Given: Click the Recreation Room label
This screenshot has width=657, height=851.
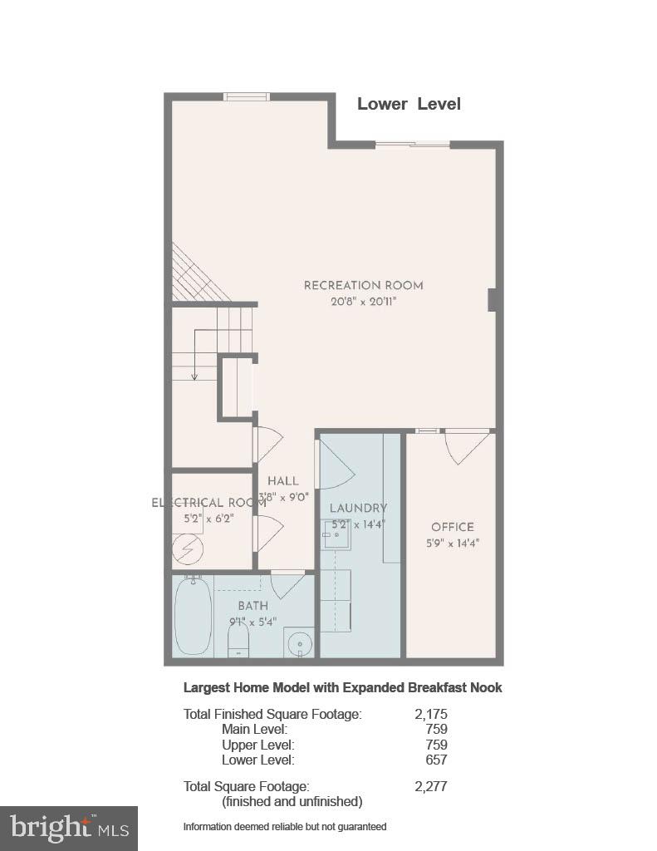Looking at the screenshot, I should tap(363, 286).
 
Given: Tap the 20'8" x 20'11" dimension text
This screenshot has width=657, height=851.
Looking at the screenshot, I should tap(363, 303).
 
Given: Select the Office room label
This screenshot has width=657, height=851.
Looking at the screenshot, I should tap(452, 527).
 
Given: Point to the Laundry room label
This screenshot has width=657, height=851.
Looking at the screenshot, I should tap(358, 509).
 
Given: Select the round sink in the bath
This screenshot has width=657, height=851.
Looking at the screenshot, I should tap(299, 642).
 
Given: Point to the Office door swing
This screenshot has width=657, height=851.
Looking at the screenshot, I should tap(464, 447).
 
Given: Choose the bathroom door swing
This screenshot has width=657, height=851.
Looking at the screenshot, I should tap(287, 583).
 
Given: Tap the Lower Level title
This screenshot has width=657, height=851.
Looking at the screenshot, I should tap(409, 104).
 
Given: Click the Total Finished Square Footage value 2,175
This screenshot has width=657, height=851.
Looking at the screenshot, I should tap(430, 714).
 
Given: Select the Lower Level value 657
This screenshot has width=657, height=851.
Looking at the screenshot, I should tap(435, 760).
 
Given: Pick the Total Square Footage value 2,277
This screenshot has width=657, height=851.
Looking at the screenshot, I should tap(430, 786).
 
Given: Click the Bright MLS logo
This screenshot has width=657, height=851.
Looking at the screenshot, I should tap(69, 828).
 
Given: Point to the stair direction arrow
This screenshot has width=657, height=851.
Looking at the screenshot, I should tap(194, 353).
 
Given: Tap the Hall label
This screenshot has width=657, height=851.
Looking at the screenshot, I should tap(282, 481).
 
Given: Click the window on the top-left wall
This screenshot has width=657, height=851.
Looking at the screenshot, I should tap(247, 96).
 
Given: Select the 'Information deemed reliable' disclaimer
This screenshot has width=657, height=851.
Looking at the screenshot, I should tap(285, 827).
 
